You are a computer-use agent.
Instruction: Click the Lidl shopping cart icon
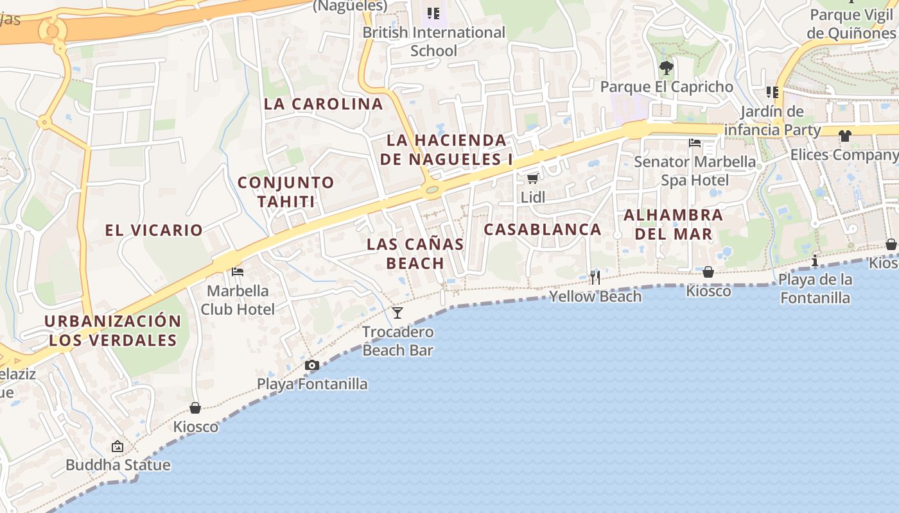point(532,178)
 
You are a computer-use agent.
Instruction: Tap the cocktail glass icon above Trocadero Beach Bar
point(397,313)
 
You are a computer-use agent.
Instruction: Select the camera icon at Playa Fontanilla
point(312,366)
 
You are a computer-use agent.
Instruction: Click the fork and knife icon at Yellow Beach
point(595,277)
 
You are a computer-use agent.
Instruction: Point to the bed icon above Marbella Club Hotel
point(238,272)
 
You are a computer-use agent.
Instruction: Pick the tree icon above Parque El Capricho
point(667,67)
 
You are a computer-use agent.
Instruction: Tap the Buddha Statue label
point(118,465)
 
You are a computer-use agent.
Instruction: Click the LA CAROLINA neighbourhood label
point(323,104)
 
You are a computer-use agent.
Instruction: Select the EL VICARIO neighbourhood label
point(154,230)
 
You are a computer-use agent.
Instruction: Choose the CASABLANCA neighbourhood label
point(543,230)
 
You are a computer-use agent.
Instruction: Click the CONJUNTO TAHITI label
point(286,192)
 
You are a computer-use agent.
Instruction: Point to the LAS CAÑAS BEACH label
point(415,253)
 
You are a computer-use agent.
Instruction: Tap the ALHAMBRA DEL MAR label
point(674,224)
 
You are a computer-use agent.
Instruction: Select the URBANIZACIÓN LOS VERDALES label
point(113,330)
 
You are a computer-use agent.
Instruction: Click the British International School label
point(434,41)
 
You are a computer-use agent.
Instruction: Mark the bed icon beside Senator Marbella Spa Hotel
point(695,142)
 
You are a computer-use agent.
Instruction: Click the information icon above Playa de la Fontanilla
point(815,260)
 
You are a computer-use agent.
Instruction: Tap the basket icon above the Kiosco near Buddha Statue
point(195,408)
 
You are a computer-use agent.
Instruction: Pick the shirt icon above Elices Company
point(844,135)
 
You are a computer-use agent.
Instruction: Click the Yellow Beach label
point(595,296)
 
